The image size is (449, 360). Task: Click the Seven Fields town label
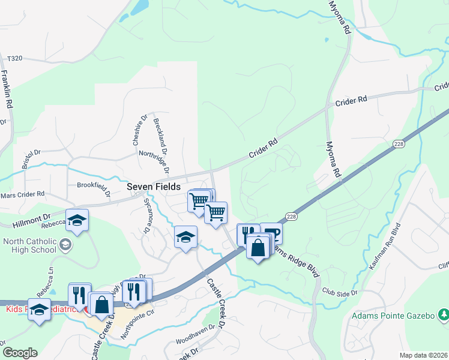point(154,187)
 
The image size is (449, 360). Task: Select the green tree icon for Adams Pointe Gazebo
point(443,314)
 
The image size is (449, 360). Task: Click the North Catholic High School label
point(29,246)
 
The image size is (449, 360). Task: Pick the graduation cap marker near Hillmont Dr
point(77,221)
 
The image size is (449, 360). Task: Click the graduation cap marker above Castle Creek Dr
point(186,237)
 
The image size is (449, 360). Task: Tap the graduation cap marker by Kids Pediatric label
point(40,310)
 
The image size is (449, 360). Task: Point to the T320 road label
point(14,59)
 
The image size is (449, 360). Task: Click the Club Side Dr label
point(340,293)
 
